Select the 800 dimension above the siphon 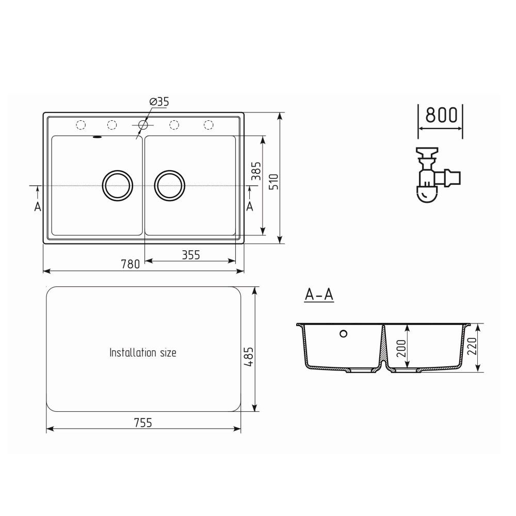[x=441, y=115]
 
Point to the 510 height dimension [x=274, y=181]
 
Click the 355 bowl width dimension [x=190, y=254]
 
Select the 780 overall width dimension [x=131, y=264]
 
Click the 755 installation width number [x=143, y=423]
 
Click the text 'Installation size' [x=143, y=353]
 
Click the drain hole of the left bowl [x=118, y=184]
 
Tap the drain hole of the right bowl [x=170, y=184]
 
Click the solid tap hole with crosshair [x=143, y=124]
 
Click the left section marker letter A [x=37, y=206]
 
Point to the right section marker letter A [x=250, y=206]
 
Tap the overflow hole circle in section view [x=343, y=333]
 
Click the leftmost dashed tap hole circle [x=80, y=124]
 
